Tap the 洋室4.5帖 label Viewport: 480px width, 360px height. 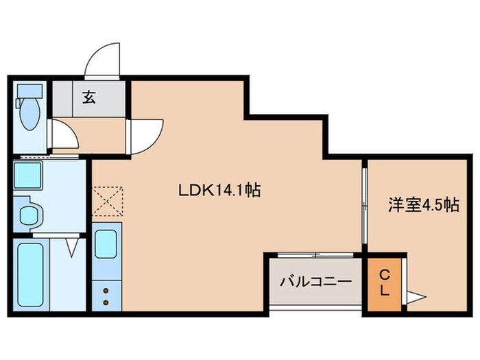click(x=413, y=205)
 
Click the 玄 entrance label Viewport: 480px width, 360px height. click(x=90, y=97)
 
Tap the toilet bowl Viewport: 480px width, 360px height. click(x=29, y=115)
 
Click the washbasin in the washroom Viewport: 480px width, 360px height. click(x=29, y=215)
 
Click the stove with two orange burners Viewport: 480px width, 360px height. click(x=106, y=296)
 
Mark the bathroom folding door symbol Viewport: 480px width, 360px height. click(x=70, y=245)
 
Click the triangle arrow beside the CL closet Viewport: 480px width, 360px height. click(x=417, y=297)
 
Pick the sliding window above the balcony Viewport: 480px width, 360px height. click(x=314, y=255)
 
